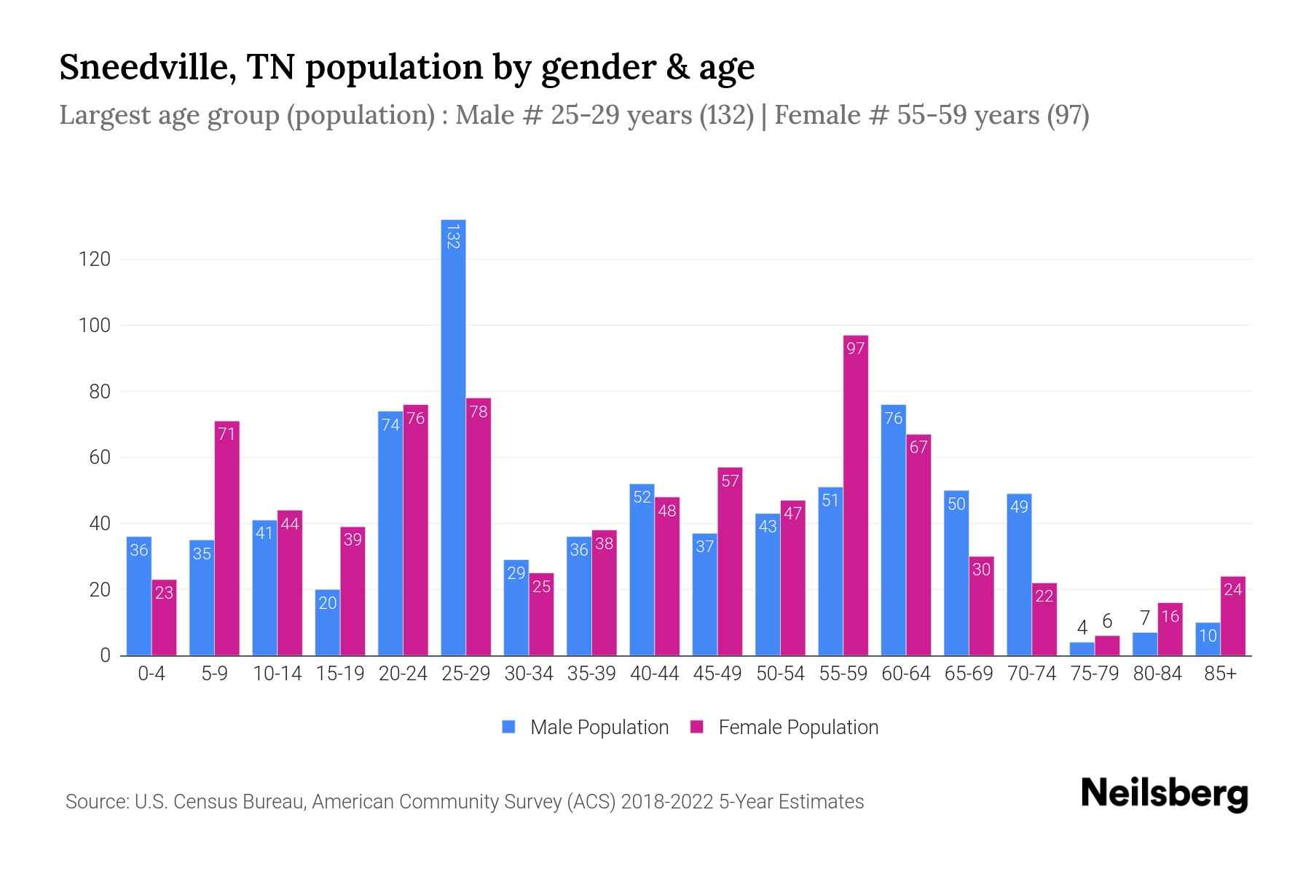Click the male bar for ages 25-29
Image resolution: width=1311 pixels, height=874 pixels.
pyautogui.click(x=453, y=437)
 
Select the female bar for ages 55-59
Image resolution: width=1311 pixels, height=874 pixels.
pyautogui.click(x=856, y=495)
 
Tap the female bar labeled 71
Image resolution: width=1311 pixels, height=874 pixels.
pyautogui.click(x=227, y=539)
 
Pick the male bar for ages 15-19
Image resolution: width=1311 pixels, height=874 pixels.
pyautogui.click(x=327, y=623)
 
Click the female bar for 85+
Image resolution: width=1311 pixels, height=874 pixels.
pyautogui.click(x=1233, y=616)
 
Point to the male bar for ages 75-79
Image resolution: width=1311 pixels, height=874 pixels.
pyautogui.click(x=1082, y=649)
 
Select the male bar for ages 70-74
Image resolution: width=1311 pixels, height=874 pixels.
pyautogui.click(x=1019, y=575)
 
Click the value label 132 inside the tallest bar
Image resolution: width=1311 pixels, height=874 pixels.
pyautogui.click(x=453, y=237)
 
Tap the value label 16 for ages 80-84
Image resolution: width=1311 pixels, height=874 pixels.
pyautogui.click(x=1170, y=617)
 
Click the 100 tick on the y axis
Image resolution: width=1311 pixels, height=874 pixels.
pyautogui.click(x=95, y=326)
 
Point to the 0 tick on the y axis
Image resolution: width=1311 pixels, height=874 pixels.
pyautogui.click(x=105, y=655)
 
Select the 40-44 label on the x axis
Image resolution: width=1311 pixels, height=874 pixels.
pyautogui.click(x=654, y=674)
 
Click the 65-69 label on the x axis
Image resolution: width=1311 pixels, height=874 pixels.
pyautogui.click(x=969, y=674)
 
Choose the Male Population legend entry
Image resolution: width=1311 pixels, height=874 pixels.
pyautogui.click(x=585, y=727)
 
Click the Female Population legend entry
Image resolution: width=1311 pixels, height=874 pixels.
pyautogui.click(x=784, y=727)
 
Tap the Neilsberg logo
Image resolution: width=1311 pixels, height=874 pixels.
pyautogui.click(x=1164, y=794)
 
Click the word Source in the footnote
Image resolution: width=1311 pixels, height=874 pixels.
pyautogui.click(x=96, y=802)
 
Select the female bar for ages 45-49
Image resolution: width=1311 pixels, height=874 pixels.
pyautogui.click(x=730, y=562)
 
